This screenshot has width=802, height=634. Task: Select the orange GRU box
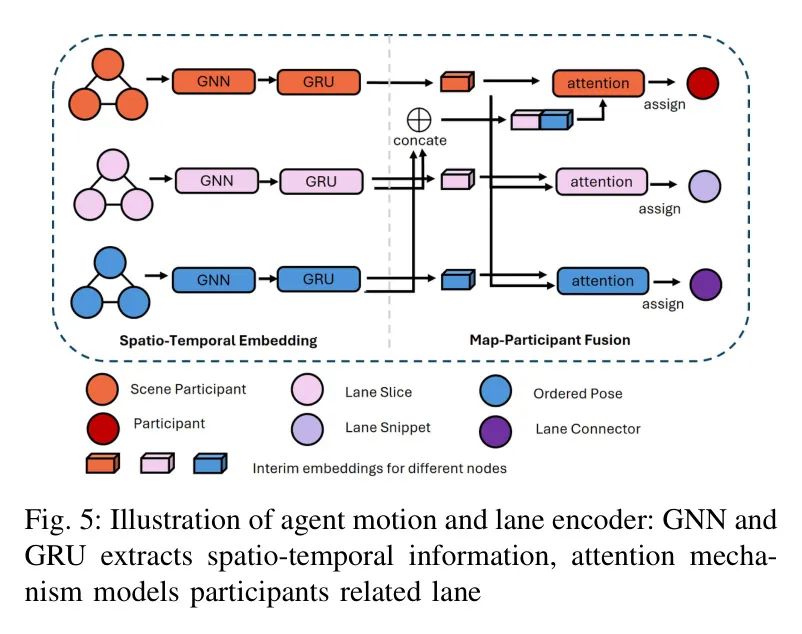click(318, 81)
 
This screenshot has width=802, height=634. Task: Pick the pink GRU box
click(321, 181)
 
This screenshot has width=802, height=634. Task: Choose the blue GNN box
click(215, 279)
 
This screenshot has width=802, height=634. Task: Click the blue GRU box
click(318, 279)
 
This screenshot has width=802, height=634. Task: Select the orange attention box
click(599, 83)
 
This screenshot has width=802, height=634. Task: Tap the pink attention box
click(601, 182)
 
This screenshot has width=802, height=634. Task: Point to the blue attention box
click(602, 281)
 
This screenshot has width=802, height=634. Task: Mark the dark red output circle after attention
click(703, 84)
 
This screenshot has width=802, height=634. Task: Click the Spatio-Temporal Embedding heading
click(218, 340)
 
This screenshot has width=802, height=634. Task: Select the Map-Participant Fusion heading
click(550, 340)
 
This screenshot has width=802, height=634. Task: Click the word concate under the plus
click(420, 140)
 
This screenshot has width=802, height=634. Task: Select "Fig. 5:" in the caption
click(59, 521)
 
